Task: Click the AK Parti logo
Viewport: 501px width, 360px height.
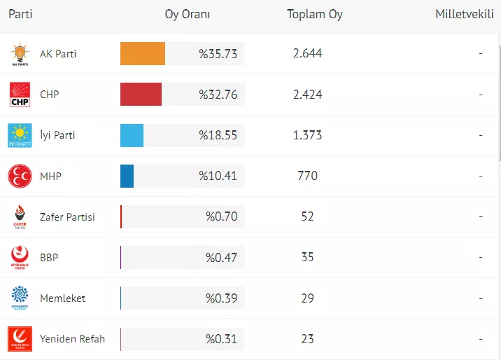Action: click(20, 54)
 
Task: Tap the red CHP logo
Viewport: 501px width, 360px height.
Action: click(20, 95)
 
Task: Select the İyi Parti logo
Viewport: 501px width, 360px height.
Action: click(20, 135)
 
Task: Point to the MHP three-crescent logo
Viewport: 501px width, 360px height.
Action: click(20, 176)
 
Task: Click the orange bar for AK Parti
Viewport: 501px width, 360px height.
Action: click(143, 54)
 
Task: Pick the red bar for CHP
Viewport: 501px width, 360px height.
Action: click(141, 95)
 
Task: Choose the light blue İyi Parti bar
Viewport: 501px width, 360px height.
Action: click(132, 135)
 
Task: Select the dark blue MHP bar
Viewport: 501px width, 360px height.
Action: click(127, 176)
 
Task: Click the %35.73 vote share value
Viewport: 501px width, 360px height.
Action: click(218, 54)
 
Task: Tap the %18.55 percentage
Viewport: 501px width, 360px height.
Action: click(218, 135)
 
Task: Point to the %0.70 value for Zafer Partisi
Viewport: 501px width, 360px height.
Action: click(221, 216)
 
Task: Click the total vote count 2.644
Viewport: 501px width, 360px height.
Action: click(308, 54)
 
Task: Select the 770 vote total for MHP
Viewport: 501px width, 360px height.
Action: click(308, 176)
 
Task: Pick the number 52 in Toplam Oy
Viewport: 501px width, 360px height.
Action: click(308, 216)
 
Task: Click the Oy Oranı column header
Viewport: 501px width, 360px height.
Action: click(188, 15)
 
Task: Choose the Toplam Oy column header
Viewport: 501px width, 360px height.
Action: click(315, 15)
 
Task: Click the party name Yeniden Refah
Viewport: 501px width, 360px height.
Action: click(73, 339)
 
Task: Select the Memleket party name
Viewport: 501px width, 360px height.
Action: click(63, 298)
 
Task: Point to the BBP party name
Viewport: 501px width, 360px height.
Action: click(49, 258)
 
